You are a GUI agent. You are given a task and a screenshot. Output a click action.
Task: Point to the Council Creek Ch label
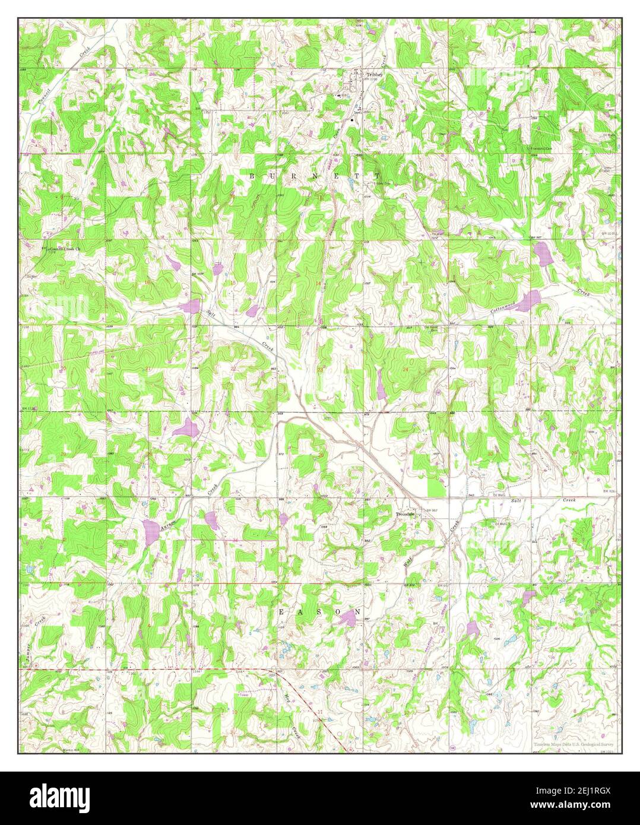coord(65,249)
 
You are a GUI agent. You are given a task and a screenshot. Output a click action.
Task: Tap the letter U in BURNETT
coord(273,176)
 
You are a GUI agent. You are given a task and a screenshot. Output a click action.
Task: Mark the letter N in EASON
coord(357,611)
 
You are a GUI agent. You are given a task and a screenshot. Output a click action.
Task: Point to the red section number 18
coord(489,283)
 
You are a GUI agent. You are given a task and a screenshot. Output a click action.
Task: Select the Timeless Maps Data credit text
coord(573,744)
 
